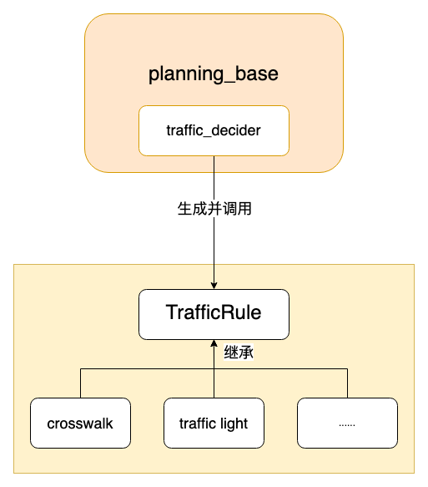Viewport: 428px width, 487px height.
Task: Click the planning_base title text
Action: coord(214,74)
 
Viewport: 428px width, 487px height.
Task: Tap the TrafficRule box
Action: coord(214,314)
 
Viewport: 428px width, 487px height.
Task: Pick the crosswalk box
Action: coord(80,424)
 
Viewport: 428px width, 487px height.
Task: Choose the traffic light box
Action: coord(214,424)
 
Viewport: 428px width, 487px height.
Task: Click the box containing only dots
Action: coord(347,424)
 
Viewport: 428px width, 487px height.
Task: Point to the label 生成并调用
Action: coord(214,210)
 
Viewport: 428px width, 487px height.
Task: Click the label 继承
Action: coord(239,353)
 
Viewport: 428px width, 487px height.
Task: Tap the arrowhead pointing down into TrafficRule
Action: coord(214,285)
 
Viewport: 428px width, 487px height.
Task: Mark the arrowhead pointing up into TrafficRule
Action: coord(214,344)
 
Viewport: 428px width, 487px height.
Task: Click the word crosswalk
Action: coord(80,424)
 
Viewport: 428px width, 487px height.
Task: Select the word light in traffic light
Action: coord(234,424)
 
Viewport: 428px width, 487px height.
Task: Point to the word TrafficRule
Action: coord(214,313)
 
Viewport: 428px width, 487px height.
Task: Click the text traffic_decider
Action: coord(214,131)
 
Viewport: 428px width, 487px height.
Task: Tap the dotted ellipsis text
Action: coord(347,424)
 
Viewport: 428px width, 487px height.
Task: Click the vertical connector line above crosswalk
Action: coord(80,383)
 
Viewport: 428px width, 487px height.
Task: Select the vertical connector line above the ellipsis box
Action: coord(347,383)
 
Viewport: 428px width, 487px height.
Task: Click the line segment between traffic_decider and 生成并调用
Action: coord(214,177)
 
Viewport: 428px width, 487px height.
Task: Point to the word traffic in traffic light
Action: coord(198,424)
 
